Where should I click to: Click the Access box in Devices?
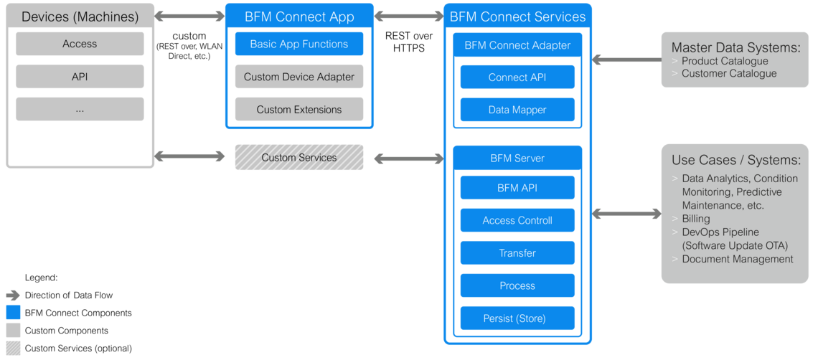coord(80,44)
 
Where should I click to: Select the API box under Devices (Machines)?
coord(80,77)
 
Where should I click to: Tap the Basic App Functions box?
coord(298,44)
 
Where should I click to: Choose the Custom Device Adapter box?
coord(298,77)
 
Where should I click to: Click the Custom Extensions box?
coord(298,110)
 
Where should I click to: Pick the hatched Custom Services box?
coord(298,157)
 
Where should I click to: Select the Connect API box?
coord(517,77)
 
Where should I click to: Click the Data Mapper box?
coord(517,110)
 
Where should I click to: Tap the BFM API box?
coord(517,188)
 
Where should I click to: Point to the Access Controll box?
coord(517,220)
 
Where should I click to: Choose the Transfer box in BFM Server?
coord(517,253)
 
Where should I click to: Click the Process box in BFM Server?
coord(517,285)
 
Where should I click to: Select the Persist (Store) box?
coord(517,318)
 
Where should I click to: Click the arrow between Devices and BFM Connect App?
coord(189,16)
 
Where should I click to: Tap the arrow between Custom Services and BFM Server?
coord(408,158)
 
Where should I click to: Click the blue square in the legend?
coord(13,313)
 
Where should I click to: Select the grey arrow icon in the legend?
coord(13,295)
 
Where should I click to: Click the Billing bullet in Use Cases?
coord(695,219)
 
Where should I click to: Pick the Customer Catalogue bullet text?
coord(728,73)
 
